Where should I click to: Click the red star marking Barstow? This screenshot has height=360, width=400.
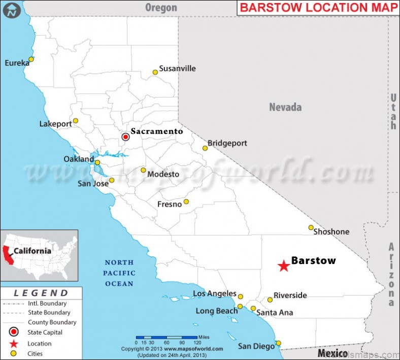click(284, 266)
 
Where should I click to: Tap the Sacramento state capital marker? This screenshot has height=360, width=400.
click(126, 137)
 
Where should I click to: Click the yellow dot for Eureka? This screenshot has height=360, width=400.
click(31, 59)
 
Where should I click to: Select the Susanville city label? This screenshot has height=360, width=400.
click(177, 69)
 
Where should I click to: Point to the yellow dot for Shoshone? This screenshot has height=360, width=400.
click(311, 227)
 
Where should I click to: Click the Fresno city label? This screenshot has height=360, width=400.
click(170, 204)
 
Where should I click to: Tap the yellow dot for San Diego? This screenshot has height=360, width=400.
click(278, 343)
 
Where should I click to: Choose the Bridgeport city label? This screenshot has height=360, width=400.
click(227, 143)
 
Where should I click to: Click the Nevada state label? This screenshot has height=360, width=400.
click(285, 107)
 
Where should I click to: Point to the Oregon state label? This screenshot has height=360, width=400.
click(161, 7)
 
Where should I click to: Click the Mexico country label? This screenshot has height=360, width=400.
click(332, 353)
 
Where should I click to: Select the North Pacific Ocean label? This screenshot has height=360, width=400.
click(119, 273)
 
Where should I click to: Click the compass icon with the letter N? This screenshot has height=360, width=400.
click(12, 10)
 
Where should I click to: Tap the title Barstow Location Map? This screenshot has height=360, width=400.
click(318, 8)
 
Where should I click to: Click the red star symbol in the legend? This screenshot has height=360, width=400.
click(14, 344)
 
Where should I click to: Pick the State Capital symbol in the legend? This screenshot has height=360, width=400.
click(14, 333)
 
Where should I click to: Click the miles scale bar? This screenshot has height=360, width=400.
click(166, 337)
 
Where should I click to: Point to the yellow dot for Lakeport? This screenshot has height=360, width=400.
click(76, 121)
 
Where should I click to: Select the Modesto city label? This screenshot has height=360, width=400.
click(163, 174)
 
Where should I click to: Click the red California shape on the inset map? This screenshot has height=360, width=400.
click(7, 254)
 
